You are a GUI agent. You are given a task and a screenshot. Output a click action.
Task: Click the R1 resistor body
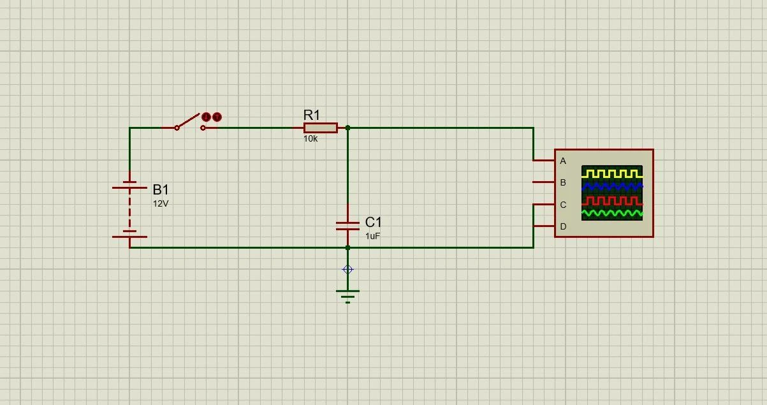click(321, 128)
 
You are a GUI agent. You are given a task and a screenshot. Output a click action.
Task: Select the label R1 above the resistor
click(312, 115)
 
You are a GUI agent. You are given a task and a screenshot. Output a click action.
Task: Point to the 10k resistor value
click(310, 138)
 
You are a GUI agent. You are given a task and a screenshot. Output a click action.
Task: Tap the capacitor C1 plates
click(347, 226)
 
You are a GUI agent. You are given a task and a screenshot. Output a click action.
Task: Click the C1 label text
click(373, 222)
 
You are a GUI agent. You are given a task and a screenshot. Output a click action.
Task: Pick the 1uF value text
click(372, 236)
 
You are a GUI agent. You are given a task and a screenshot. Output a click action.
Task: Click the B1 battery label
click(161, 189)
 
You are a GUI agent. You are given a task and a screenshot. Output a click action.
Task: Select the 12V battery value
click(161, 203)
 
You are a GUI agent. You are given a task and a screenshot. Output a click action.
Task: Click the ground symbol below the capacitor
click(347, 297)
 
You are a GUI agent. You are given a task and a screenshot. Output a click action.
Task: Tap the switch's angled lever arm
click(187, 121)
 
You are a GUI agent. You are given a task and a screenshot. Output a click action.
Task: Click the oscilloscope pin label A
click(563, 161)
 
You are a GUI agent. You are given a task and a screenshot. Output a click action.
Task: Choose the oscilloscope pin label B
click(563, 182)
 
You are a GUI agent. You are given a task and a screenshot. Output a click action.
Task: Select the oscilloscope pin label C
click(563, 205)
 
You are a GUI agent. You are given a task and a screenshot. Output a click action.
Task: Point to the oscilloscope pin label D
click(563, 226)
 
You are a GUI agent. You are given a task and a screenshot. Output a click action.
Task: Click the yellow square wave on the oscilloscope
click(612, 173)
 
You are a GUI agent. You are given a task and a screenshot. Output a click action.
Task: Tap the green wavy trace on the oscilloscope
click(612, 214)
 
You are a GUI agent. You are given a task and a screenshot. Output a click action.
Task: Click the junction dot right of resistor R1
click(347, 128)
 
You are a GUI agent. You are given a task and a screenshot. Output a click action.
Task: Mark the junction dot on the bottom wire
click(347, 247)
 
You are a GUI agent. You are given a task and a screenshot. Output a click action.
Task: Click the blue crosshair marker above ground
click(347, 270)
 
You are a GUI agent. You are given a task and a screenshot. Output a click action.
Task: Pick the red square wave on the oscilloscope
click(612, 201)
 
